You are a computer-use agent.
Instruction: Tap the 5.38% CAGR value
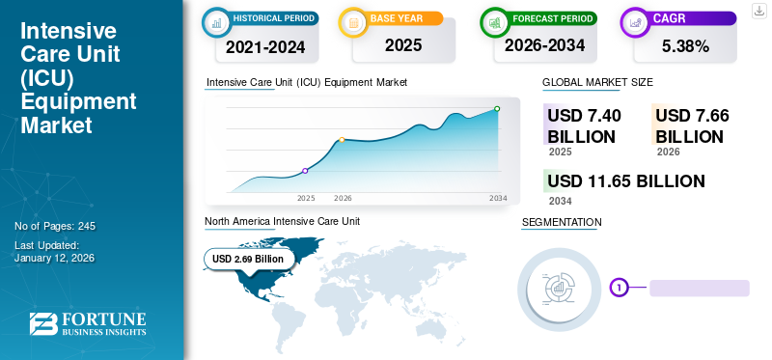685,45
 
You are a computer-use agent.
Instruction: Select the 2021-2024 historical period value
266,45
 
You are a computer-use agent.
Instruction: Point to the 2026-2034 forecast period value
545,45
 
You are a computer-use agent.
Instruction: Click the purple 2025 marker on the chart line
305,171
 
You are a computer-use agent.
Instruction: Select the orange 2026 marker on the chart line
342,140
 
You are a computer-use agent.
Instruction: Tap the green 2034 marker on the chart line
497,109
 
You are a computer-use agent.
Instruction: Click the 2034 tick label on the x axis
498,198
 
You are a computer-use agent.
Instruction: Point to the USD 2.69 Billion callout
248,259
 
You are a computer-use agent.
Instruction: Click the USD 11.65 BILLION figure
625,180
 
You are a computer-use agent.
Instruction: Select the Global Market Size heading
597,83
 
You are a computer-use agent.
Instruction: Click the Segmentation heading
561,223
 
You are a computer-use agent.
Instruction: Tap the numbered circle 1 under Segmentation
619,287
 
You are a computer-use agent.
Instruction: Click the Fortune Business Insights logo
87,323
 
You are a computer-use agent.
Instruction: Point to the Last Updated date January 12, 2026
54,259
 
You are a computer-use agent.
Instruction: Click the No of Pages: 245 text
55,226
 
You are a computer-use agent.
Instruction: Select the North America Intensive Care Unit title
282,221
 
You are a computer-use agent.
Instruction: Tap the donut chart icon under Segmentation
560,287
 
